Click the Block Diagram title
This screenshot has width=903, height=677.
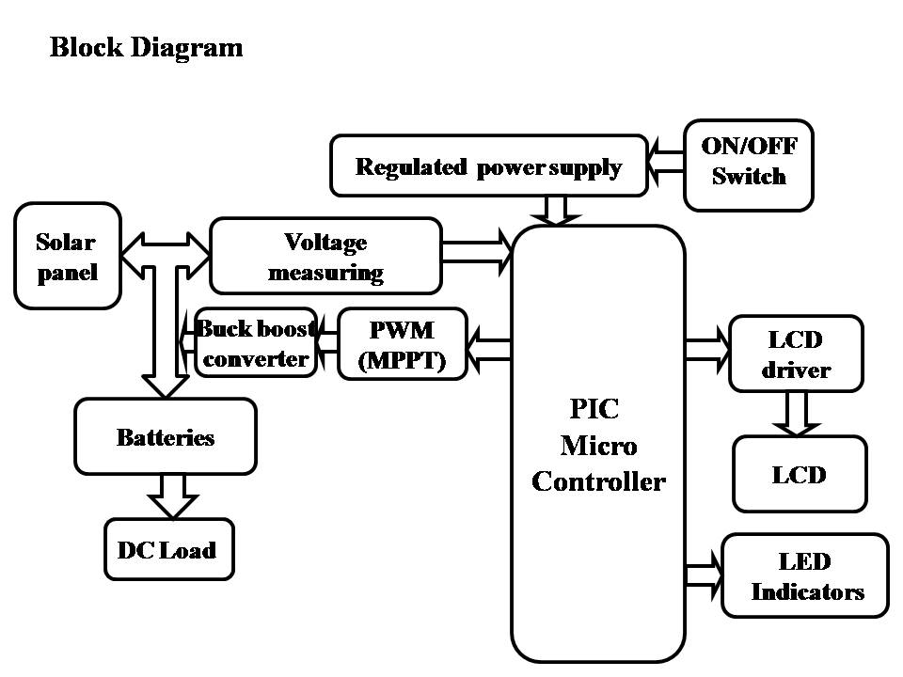146,47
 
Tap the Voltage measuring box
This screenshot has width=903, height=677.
325,257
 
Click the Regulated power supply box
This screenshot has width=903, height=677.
488,166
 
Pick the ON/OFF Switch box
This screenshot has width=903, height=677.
748,164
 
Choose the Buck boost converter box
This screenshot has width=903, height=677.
256,343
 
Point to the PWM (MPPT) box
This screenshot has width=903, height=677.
402,344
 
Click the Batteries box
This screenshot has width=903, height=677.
166,437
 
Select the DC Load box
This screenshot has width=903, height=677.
167,549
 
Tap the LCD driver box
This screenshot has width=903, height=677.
796,354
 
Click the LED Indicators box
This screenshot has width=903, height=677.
805,576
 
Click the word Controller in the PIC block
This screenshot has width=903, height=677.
598,481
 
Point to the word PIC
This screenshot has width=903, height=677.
594,410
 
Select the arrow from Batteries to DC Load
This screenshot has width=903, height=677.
174,496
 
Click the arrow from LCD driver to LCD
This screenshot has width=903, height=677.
796,414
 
